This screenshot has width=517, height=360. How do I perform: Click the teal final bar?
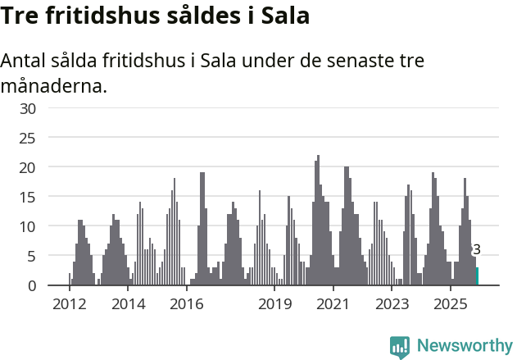[477, 276]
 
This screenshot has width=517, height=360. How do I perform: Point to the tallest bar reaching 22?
[318, 221]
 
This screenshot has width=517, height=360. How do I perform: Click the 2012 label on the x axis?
[69, 304]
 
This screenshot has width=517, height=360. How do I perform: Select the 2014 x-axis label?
[128, 304]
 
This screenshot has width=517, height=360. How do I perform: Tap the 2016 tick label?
[187, 304]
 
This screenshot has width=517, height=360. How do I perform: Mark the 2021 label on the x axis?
[333, 304]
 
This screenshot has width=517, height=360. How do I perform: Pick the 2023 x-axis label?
[392, 304]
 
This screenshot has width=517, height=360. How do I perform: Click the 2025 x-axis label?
[451, 304]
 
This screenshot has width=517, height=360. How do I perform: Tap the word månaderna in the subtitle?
[53, 85]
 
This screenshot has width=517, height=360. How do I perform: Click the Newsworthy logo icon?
[400, 347]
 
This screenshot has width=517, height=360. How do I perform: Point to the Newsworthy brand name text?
[465, 346]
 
